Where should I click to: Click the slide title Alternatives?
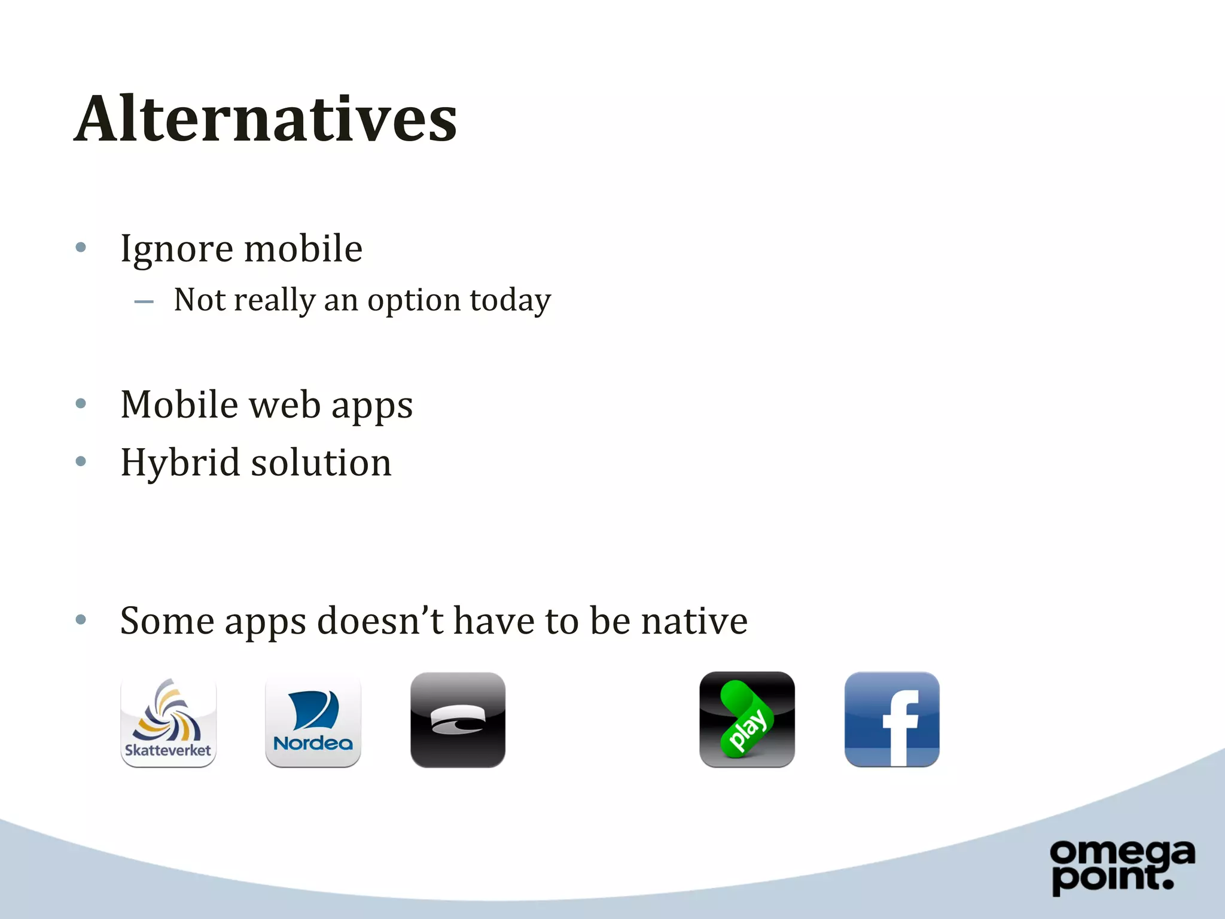(266, 119)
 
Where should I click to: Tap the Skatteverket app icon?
(168, 720)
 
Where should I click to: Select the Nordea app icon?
(313, 720)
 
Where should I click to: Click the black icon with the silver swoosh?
(458, 720)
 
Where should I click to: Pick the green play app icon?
(746, 720)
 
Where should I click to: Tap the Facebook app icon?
(891, 720)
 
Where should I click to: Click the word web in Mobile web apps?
(285, 405)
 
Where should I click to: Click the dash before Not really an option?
(144, 302)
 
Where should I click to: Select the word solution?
(321, 463)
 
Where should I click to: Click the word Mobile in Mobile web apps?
(179, 405)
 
